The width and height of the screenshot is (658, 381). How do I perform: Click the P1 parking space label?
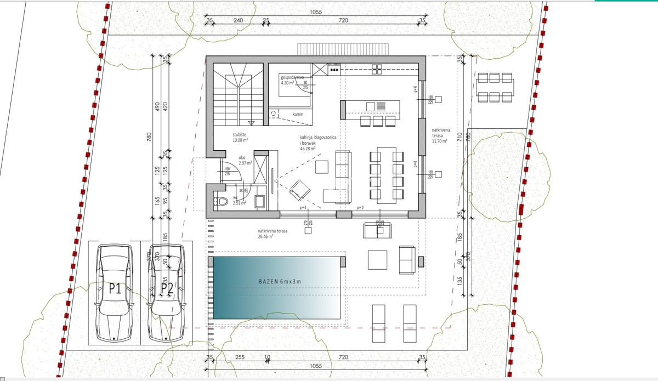[115, 289]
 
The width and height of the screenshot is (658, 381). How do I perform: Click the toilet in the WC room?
[222, 202]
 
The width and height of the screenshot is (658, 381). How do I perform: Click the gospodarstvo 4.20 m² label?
[292, 80]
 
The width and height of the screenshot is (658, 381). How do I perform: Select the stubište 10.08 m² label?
[241, 137]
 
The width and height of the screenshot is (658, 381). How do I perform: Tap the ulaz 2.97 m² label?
[245, 160]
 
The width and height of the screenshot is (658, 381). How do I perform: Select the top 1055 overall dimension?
[315, 12]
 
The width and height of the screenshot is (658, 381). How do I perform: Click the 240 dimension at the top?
[238, 20]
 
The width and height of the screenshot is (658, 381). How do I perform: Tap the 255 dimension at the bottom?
[239, 357]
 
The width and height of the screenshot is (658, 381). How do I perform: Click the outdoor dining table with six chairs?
[496, 88]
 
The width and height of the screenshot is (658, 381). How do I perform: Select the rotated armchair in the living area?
[299, 190]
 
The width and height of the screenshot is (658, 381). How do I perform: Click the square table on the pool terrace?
[377, 259]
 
